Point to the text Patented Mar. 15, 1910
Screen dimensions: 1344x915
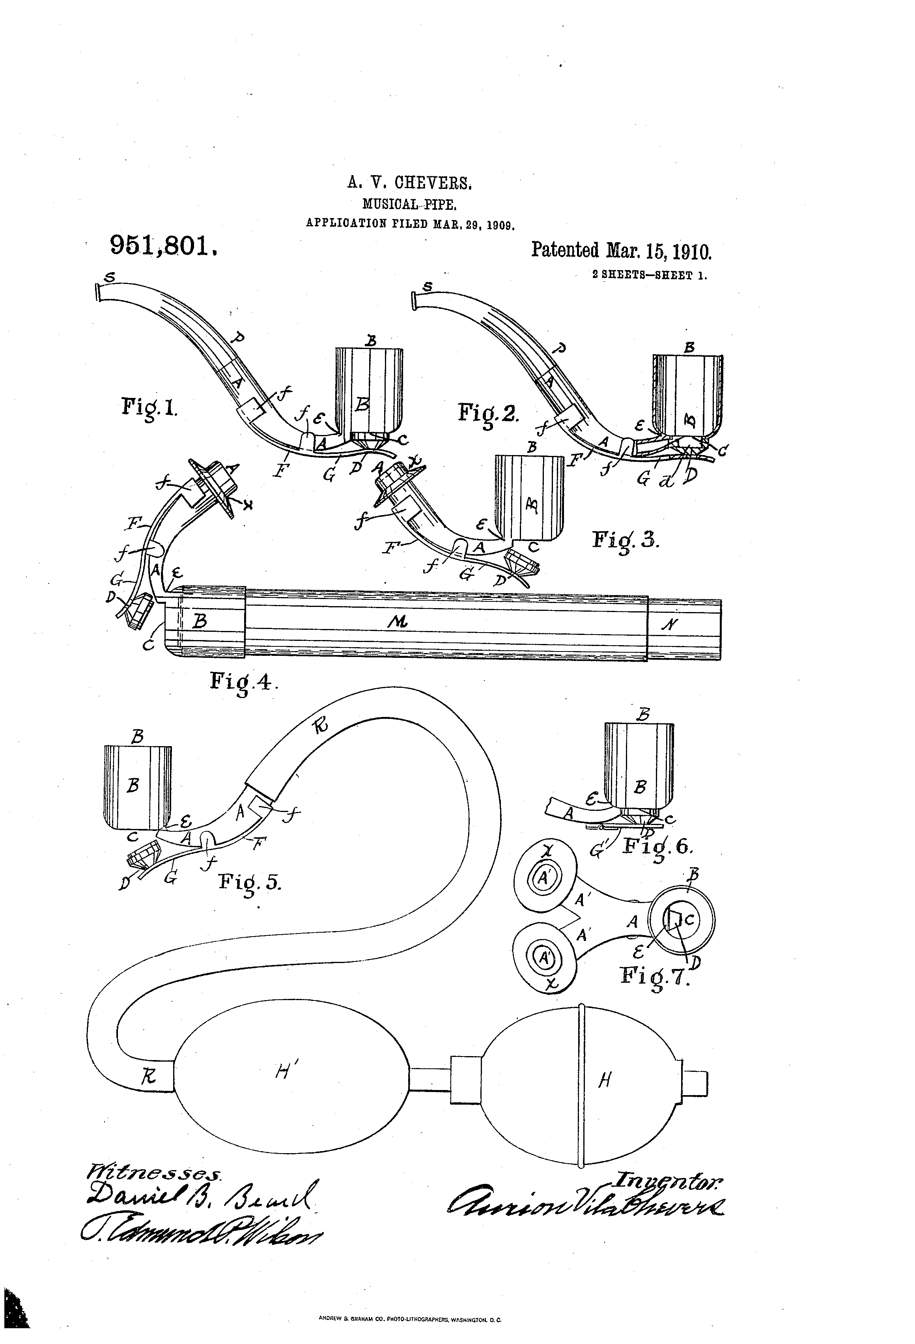(621, 250)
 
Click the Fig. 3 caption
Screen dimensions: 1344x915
(625, 540)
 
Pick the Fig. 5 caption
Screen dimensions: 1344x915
(250, 883)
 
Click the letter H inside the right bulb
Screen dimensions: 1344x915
(605, 1079)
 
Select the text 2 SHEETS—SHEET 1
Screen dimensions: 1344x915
(650, 275)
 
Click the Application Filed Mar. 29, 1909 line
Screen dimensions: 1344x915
(410, 224)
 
